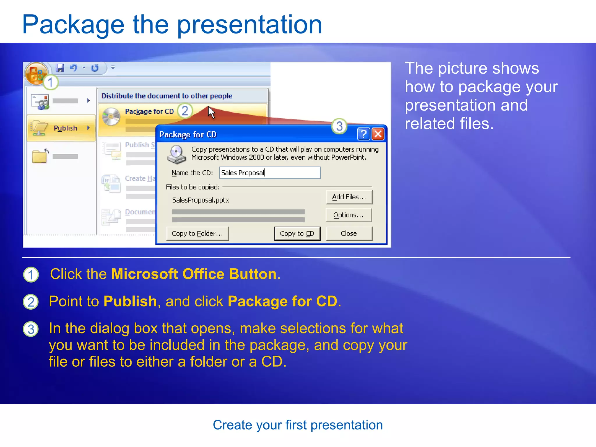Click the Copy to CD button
coord(297,234)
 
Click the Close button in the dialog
coord(349,234)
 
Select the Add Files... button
coord(349,197)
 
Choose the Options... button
coord(348,215)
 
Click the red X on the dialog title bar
coord(378,134)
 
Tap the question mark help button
coord(363,134)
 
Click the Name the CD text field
coord(269,173)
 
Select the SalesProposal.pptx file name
coord(201,200)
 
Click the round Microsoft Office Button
coord(36,73)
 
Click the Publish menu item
coord(65,128)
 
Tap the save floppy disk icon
coord(60,68)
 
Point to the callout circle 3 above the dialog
coord(339,126)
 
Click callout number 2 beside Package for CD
coord(185,111)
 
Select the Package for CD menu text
coord(149,111)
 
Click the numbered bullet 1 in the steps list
coord(31,275)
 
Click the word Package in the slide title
coord(73,25)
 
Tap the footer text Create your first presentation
coord(298,425)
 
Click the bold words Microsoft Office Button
coord(194,274)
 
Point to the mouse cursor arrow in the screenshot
coord(211,112)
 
